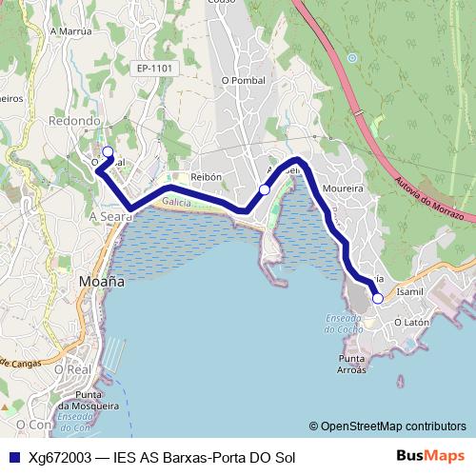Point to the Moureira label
[x=344, y=188]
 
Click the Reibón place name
[x=206, y=177]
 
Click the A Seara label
[x=108, y=217]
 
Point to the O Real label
[x=71, y=368]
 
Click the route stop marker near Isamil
[x=378, y=298]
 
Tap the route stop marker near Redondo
[x=108, y=151]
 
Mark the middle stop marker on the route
[x=265, y=189]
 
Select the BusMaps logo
[x=430, y=456]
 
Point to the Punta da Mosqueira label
[x=101, y=400]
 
